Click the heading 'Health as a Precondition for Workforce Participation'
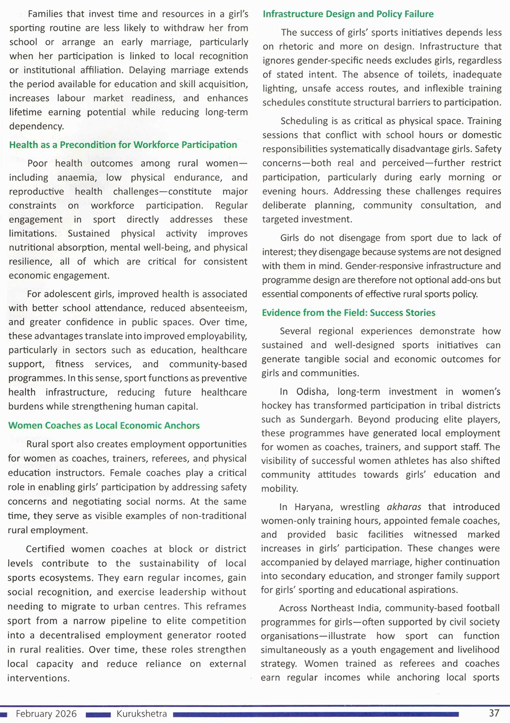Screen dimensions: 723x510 (123, 145)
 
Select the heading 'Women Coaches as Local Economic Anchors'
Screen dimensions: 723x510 (104, 425)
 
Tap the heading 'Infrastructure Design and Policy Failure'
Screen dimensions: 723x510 (348, 14)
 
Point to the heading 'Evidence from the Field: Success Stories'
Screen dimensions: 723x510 (349, 313)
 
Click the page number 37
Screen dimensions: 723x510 (494, 713)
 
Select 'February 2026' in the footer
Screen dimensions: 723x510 (46, 713)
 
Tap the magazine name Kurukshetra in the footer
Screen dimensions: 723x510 (141, 713)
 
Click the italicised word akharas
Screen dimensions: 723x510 (404, 507)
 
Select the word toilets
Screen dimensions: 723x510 (431, 74)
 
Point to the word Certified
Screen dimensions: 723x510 (45, 549)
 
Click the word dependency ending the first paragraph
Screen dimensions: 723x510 (37, 126)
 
